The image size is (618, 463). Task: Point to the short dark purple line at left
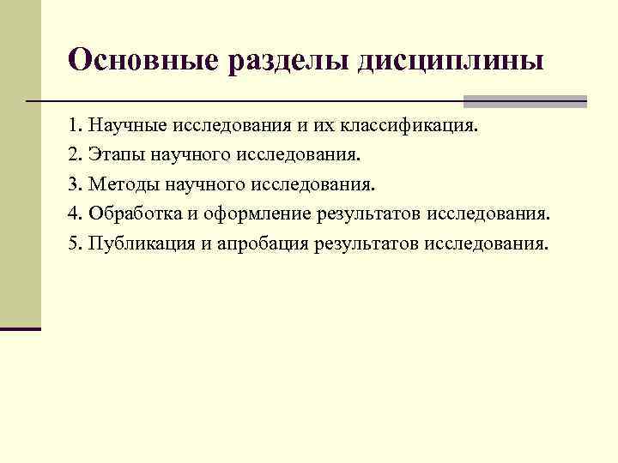coord(21,328)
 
